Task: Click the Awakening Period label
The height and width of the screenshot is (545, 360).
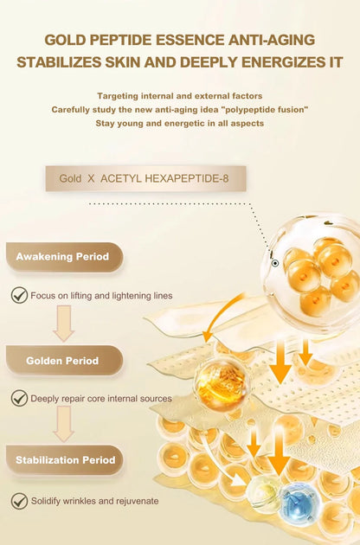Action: point(62,257)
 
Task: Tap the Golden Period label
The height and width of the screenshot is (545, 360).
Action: point(62,361)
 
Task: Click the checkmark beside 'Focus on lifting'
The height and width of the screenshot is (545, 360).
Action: point(18,296)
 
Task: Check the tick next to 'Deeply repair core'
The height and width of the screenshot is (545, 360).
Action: point(18,399)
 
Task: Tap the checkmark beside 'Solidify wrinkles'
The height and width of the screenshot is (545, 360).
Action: point(18,501)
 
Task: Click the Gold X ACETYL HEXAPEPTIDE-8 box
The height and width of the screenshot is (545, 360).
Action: point(145,178)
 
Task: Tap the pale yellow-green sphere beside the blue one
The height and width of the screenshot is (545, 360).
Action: point(263,492)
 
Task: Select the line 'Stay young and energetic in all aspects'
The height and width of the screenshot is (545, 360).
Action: point(180,124)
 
